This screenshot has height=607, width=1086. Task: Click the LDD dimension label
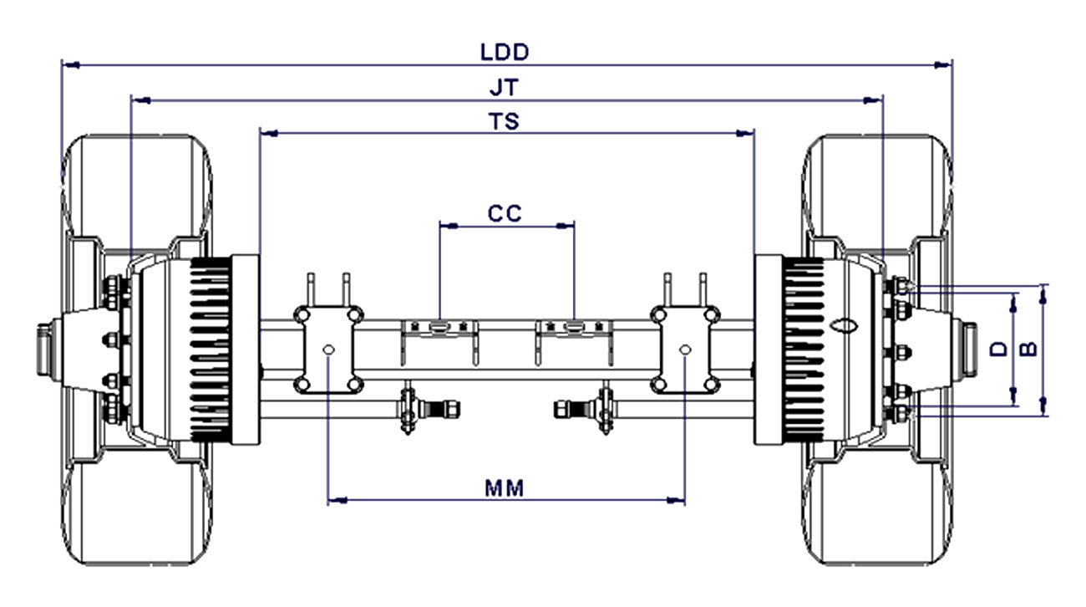point(505,52)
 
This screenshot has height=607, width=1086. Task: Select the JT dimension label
point(505,88)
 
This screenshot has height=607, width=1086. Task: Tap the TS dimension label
point(505,121)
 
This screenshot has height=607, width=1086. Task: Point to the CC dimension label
point(505,213)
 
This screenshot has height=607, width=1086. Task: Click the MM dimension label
point(505,488)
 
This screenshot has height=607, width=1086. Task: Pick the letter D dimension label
point(999,349)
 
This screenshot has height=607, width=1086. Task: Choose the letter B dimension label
point(1028,349)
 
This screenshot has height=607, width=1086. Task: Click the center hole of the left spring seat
point(328,349)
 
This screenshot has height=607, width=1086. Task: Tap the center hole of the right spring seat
point(685,349)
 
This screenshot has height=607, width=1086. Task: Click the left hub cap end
point(43,349)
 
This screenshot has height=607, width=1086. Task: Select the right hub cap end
point(970,349)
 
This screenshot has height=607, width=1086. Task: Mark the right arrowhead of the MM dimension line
point(676,500)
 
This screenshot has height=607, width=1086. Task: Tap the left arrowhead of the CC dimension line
point(449,226)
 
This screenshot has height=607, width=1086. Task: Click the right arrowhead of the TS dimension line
point(745,133)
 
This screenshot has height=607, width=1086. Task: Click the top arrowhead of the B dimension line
point(1044,294)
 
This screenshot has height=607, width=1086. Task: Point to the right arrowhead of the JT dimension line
point(873,100)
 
